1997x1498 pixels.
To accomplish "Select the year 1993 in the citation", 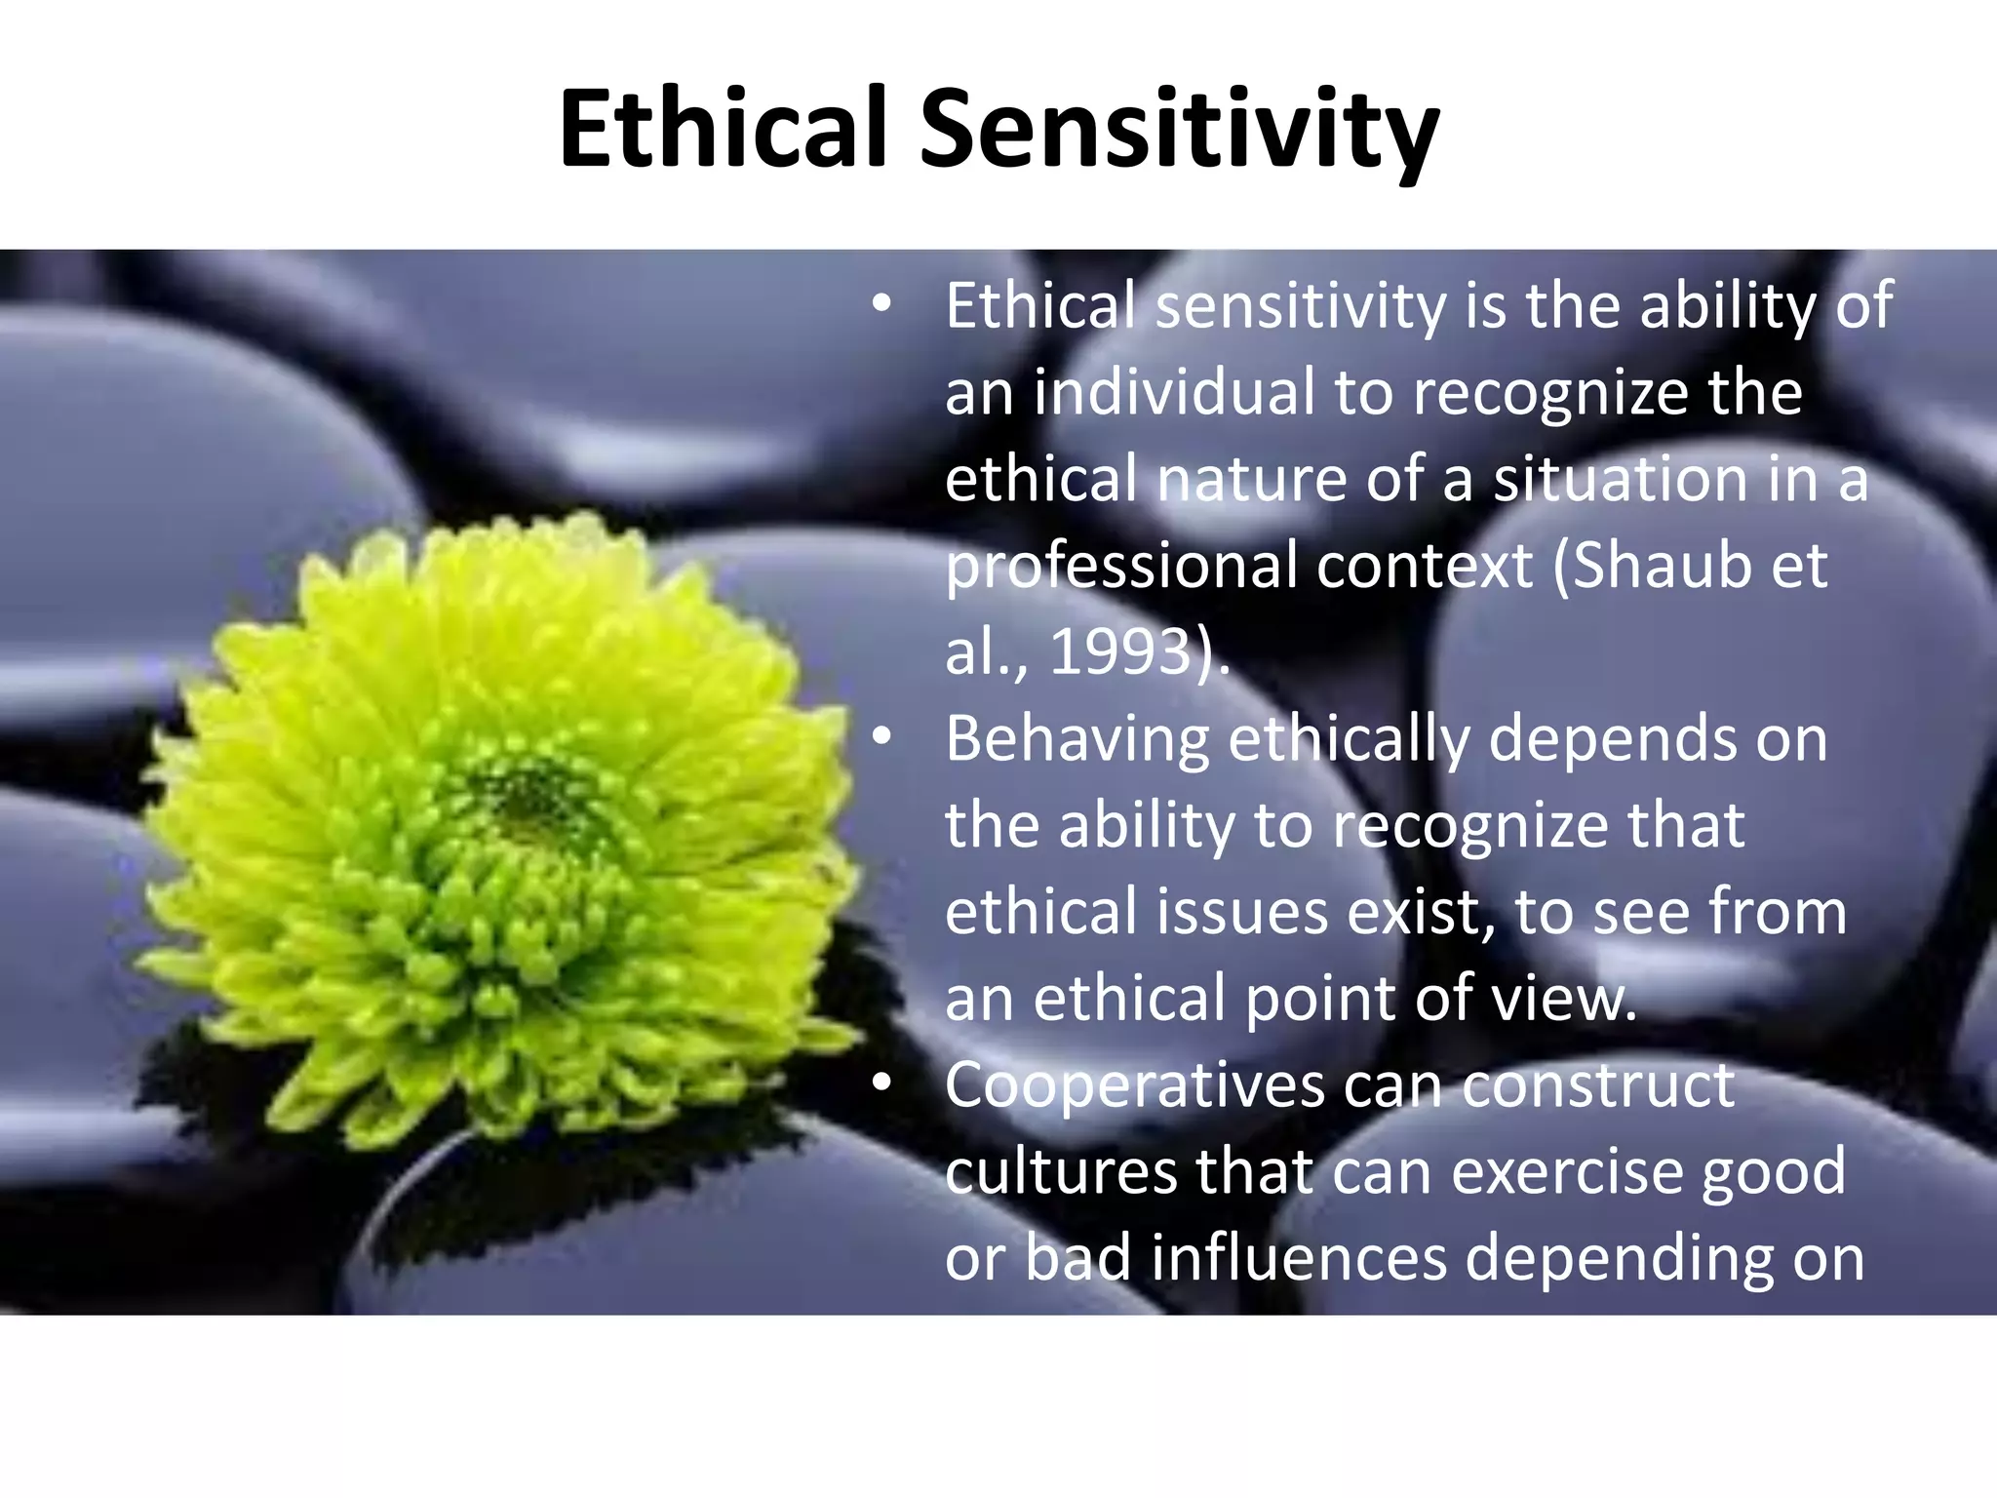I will [1121, 651].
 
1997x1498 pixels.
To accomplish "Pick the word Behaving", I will [1077, 738].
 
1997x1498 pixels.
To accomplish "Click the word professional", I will [1121, 566].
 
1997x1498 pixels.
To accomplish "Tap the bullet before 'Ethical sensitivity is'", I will [881, 305].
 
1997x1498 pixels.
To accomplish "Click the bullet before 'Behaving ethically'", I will [881, 738].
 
